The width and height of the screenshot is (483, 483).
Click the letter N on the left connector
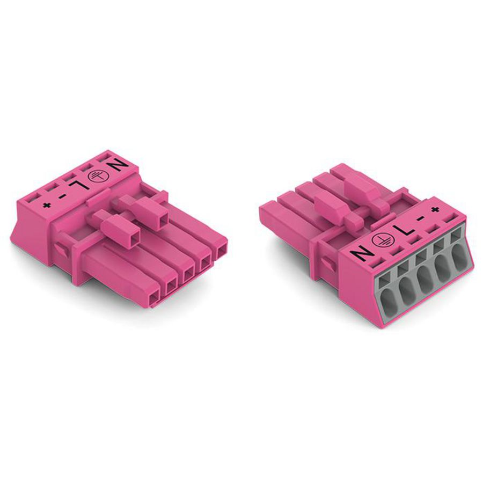click(x=119, y=166)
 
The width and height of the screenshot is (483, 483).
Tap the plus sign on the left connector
click(x=47, y=205)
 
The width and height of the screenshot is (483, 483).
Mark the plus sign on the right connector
click(x=435, y=209)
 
